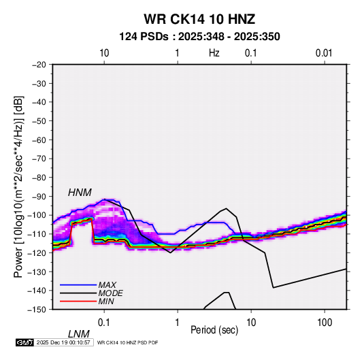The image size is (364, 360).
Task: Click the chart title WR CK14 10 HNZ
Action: click(x=199, y=19)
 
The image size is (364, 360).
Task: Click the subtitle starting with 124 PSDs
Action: click(x=199, y=37)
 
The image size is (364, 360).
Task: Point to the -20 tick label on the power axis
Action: click(x=39, y=65)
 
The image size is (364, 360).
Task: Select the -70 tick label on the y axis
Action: click(x=39, y=159)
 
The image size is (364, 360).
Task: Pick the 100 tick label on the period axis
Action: click(x=325, y=323)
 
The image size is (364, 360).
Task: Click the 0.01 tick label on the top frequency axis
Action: click(x=324, y=53)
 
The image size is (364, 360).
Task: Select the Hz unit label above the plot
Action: click(x=214, y=53)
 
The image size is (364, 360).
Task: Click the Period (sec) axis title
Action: click(x=214, y=330)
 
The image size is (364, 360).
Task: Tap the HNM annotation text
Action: click(x=80, y=193)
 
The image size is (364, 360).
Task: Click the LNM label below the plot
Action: click(x=79, y=334)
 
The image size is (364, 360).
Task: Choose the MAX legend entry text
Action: click(x=107, y=285)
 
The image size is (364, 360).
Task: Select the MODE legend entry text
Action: click(x=110, y=293)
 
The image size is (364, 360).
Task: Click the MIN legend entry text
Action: click(x=106, y=301)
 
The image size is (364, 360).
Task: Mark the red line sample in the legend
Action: click(x=78, y=301)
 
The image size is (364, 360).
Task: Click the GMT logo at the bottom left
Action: click(x=25, y=342)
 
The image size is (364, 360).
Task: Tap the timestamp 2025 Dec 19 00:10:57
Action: click(x=63, y=342)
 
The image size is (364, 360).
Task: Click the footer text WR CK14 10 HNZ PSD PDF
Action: click(x=127, y=342)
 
